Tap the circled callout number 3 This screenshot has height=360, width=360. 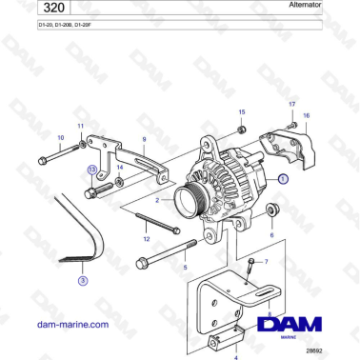(x=83, y=281)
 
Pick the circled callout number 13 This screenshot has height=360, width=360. (x=91, y=169)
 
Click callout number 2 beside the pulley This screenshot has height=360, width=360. (x=157, y=201)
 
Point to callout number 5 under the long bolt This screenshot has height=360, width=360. (x=185, y=270)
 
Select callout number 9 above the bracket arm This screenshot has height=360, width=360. (x=144, y=139)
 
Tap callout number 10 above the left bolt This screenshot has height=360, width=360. (x=61, y=138)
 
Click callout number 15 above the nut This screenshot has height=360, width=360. (x=242, y=111)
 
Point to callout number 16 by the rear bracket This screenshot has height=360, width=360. (x=306, y=115)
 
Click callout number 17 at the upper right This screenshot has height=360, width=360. (x=291, y=102)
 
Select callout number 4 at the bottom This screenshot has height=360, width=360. (x=235, y=330)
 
